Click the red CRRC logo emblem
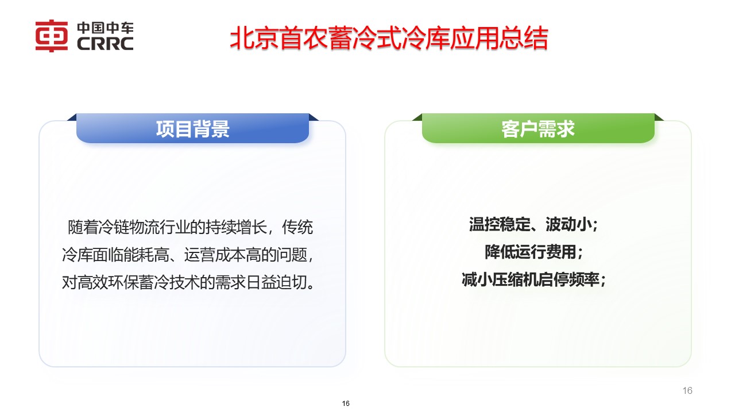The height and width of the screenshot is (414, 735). pyautogui.click(x=52, y=36)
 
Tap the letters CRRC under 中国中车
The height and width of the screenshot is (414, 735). pyautogui.click(x=105, y=44)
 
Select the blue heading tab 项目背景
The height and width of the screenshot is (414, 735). pyautogui.click(x=192, y=129)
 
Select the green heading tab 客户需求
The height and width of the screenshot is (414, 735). pyautogui.click(x=537, y=129)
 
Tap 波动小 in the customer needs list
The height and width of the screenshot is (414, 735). pyautogui.click(x=568, y=225)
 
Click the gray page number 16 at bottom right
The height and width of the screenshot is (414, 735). pyautogui.click(x=687, y=391)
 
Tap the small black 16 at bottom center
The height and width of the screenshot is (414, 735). pyautogui.click(x=346, y=404)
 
